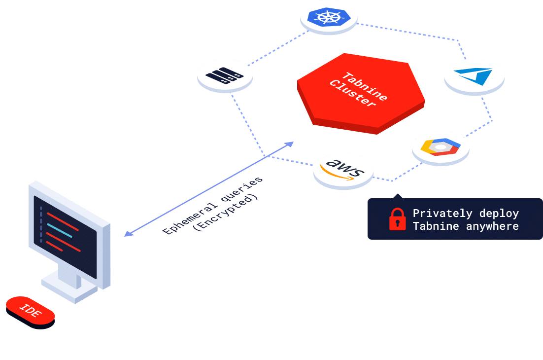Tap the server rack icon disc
[x=225, y=75]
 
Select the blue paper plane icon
[x=474, y=75]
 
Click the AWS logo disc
[x=343, y=169]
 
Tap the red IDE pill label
[x=30, y=311]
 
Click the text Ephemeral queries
[x=213, y=205]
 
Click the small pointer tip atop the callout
[x=398, y=196]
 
